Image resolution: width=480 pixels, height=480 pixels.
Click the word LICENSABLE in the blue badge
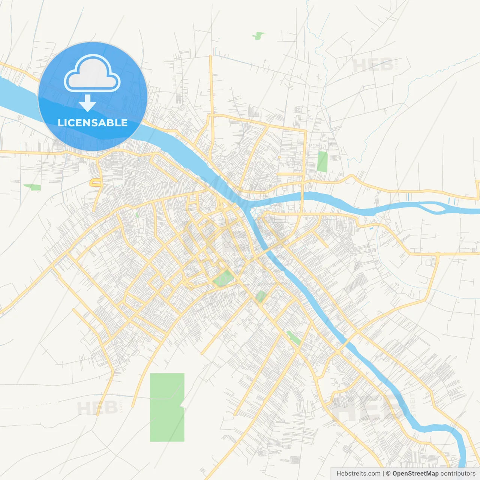[x=93, y=123]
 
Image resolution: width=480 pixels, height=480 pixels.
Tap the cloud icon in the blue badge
[x=92, y=74]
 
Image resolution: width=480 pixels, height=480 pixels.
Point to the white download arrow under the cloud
[x=87, y=103]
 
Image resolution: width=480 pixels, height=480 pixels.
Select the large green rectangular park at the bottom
[x=166, y=407]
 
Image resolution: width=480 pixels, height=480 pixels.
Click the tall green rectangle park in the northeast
[x=322, y=162]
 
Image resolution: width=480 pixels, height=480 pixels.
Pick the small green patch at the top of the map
[x=258, y=36]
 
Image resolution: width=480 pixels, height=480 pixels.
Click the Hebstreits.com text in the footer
[x=358, y=474]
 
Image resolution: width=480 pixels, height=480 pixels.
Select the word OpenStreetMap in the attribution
[x=415, y=474]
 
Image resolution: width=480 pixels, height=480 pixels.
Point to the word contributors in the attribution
[x=458, y=474]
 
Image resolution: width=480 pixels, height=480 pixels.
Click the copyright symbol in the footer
[x=388, y=474]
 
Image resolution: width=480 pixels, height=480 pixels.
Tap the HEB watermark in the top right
[x=373, y=65]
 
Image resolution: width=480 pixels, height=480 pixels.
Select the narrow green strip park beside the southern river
[x=293, y=338]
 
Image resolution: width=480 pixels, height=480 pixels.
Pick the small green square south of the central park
[x=261, y=296]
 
